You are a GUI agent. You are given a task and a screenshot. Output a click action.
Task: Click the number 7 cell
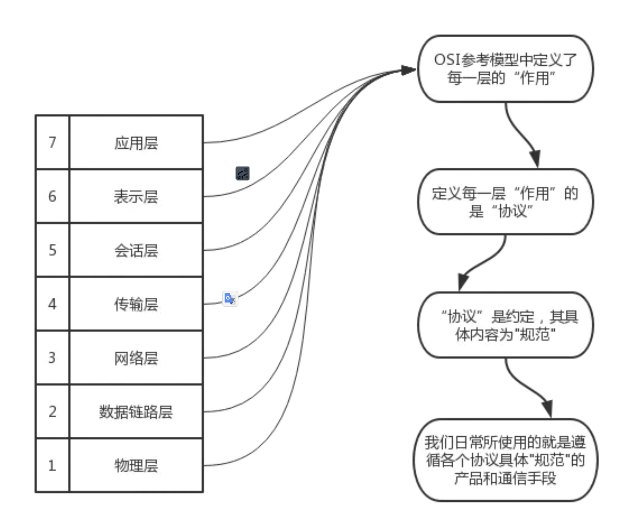[52, 142]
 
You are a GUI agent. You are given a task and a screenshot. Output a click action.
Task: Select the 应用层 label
[136, 143]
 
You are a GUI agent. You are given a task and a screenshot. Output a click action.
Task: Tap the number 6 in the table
[52, 196]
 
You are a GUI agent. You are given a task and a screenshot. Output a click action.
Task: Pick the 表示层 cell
[136, 197]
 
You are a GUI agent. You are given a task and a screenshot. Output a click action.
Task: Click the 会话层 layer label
[136, 250]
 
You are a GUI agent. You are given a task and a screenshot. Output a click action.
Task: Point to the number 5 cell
[52, 250]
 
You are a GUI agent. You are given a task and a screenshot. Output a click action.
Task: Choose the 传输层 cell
[136, 304]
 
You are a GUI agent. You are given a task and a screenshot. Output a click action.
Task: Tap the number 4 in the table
[52, 304]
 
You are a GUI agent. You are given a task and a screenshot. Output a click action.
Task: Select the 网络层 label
[136, 358]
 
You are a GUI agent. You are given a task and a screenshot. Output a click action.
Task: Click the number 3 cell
[52, 358]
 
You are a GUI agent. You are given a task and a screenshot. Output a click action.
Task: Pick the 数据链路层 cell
[136, 412]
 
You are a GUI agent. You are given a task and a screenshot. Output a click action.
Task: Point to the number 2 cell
[52, 411]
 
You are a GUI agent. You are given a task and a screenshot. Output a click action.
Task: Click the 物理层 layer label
[136, 466]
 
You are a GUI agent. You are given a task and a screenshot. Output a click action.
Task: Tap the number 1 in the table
[52, 465]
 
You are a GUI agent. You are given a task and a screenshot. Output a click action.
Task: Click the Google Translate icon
[230, 299]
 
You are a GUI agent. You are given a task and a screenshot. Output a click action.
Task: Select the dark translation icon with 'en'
[243, 173]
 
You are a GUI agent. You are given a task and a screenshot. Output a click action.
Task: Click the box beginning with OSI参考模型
[505, 69]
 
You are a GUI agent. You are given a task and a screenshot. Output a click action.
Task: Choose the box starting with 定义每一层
[505, 202]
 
